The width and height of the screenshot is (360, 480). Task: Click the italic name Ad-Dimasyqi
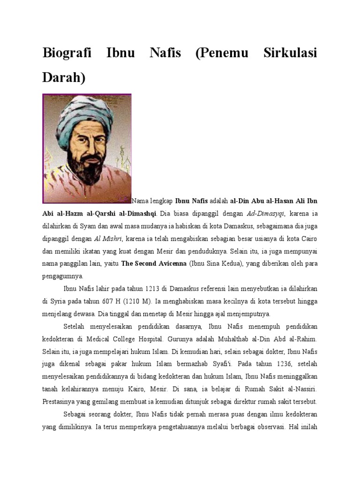[266, 213]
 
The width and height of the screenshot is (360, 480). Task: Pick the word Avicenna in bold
[170, 263]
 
